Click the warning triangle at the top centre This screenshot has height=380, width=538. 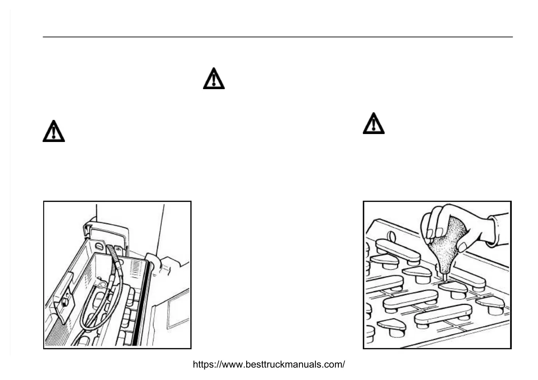click(214, 79)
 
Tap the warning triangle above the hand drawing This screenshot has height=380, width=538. click(373, 124)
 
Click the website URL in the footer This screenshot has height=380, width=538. click(269, 364)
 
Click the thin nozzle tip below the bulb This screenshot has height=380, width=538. click(445, 276)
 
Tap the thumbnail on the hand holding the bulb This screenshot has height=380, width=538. click(462, 247)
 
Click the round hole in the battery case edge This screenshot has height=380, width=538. click(391, 237)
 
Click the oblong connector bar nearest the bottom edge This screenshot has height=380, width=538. click(443, 315)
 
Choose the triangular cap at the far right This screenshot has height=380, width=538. click(491, 303)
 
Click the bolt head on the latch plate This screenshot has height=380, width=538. click(64, 303)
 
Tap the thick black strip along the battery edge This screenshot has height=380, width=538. click(138, 304)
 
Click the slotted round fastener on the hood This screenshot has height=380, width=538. click(99, 247)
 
